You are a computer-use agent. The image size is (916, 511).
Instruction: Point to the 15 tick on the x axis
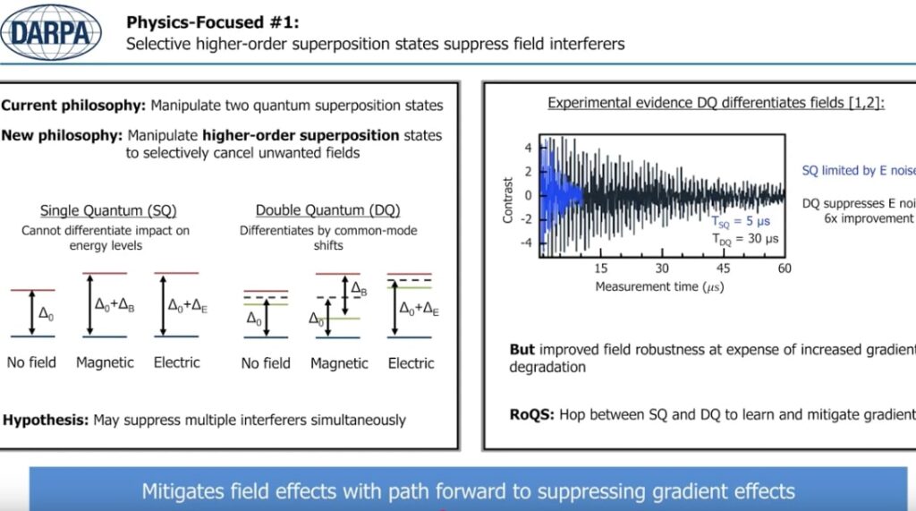[601, 268]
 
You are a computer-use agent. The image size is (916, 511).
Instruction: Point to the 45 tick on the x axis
[724, 268]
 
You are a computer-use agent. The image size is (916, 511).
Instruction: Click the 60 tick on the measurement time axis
[785, 268]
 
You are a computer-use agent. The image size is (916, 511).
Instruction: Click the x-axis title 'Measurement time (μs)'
[660, 286]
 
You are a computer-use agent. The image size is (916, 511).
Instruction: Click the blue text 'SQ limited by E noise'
[858, 170]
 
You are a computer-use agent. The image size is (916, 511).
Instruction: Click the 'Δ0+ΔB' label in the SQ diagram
[114, 303]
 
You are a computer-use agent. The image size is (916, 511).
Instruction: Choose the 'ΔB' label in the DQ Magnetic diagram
[359, 289]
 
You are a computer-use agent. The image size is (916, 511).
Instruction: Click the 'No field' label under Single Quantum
[31, 362]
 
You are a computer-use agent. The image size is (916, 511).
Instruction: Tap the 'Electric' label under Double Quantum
[411, 363]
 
